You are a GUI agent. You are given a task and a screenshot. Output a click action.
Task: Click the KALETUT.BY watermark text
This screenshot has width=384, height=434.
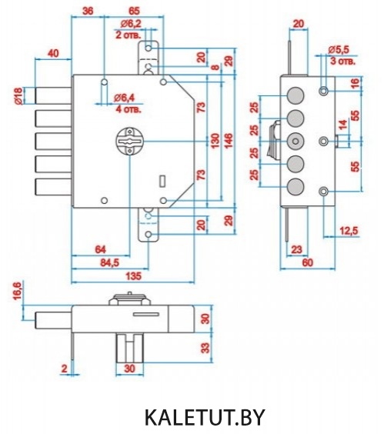click(x=205, y=417)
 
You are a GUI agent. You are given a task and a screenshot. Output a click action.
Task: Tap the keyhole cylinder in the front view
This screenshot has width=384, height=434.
click(x=129, y=142)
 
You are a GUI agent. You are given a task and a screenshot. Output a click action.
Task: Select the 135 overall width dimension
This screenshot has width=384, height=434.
click(x=133, y=276)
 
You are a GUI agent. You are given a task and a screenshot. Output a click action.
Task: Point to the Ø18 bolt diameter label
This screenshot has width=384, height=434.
click(x=18, y=95)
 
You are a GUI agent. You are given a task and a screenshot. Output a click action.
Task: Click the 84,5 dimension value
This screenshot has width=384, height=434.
click(x=109, y=262)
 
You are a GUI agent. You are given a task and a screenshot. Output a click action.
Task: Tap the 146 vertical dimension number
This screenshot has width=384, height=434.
click(x=229, y=141)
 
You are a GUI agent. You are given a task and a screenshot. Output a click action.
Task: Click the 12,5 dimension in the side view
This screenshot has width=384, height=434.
click(x=349, y=230)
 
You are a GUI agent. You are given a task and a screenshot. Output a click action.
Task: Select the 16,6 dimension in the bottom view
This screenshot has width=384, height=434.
click(x=17, y=291)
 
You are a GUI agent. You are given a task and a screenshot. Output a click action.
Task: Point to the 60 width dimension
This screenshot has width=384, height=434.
click(x=307, y=262)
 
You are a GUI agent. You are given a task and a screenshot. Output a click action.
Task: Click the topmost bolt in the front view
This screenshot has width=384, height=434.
click(x=53, y=95)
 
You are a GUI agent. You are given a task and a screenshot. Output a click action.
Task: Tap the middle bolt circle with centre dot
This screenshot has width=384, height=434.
click(x=296, y=142)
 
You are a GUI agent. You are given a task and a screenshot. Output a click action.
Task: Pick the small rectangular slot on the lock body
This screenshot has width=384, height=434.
click(x=162, y=180)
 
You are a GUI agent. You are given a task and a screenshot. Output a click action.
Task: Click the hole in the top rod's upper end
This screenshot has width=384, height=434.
click(x=149, y=48)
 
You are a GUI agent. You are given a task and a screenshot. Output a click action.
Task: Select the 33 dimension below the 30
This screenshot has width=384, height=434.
click(x=205, y=348)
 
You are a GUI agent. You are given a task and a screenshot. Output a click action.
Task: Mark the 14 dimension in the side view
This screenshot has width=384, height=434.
click(x=342, y=125)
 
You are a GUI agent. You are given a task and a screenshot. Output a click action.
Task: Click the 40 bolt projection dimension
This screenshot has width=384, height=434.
click(x=53, y=53)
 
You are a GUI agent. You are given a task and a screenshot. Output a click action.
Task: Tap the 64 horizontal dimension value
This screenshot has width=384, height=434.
click(x=100, y=249)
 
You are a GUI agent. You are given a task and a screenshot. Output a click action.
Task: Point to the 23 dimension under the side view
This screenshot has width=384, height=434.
click(x=296, y=249)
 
